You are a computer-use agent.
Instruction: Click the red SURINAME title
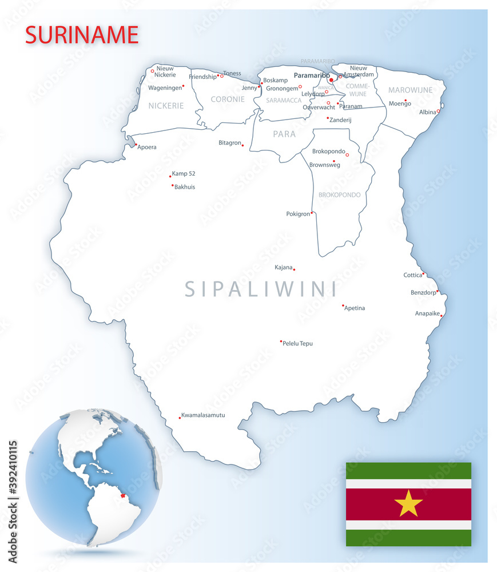(x=82, y=35)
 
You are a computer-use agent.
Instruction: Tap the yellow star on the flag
(x=408, y=504)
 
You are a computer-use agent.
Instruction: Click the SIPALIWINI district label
(x=261, y=289)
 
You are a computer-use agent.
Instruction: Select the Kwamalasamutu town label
(x=203, y=415)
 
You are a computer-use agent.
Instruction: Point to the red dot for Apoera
(x=136, y=144)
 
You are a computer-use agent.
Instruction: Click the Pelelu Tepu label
(x=298, y=343)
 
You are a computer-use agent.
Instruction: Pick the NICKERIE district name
(x=166, y=106)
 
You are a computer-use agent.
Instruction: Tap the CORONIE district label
(x=228, y=99)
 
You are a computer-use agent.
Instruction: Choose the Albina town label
(x=427, y=113)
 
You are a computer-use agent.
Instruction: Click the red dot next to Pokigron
(x=312, y=213)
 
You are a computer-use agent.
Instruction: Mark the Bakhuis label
(x=185, y=187)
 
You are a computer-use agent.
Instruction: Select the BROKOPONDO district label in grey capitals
(x=340, y=195)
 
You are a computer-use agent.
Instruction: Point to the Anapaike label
(x=427, y=313)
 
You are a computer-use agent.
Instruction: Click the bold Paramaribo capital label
(x=312, y=75)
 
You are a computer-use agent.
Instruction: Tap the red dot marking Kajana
(x=294, y=269)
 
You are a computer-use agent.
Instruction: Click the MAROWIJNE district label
(x=411, y=90)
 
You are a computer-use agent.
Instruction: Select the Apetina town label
(x=355, y=308)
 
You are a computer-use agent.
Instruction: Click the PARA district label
(x=284, y=134)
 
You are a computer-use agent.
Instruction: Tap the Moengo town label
(x=400, y=104)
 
